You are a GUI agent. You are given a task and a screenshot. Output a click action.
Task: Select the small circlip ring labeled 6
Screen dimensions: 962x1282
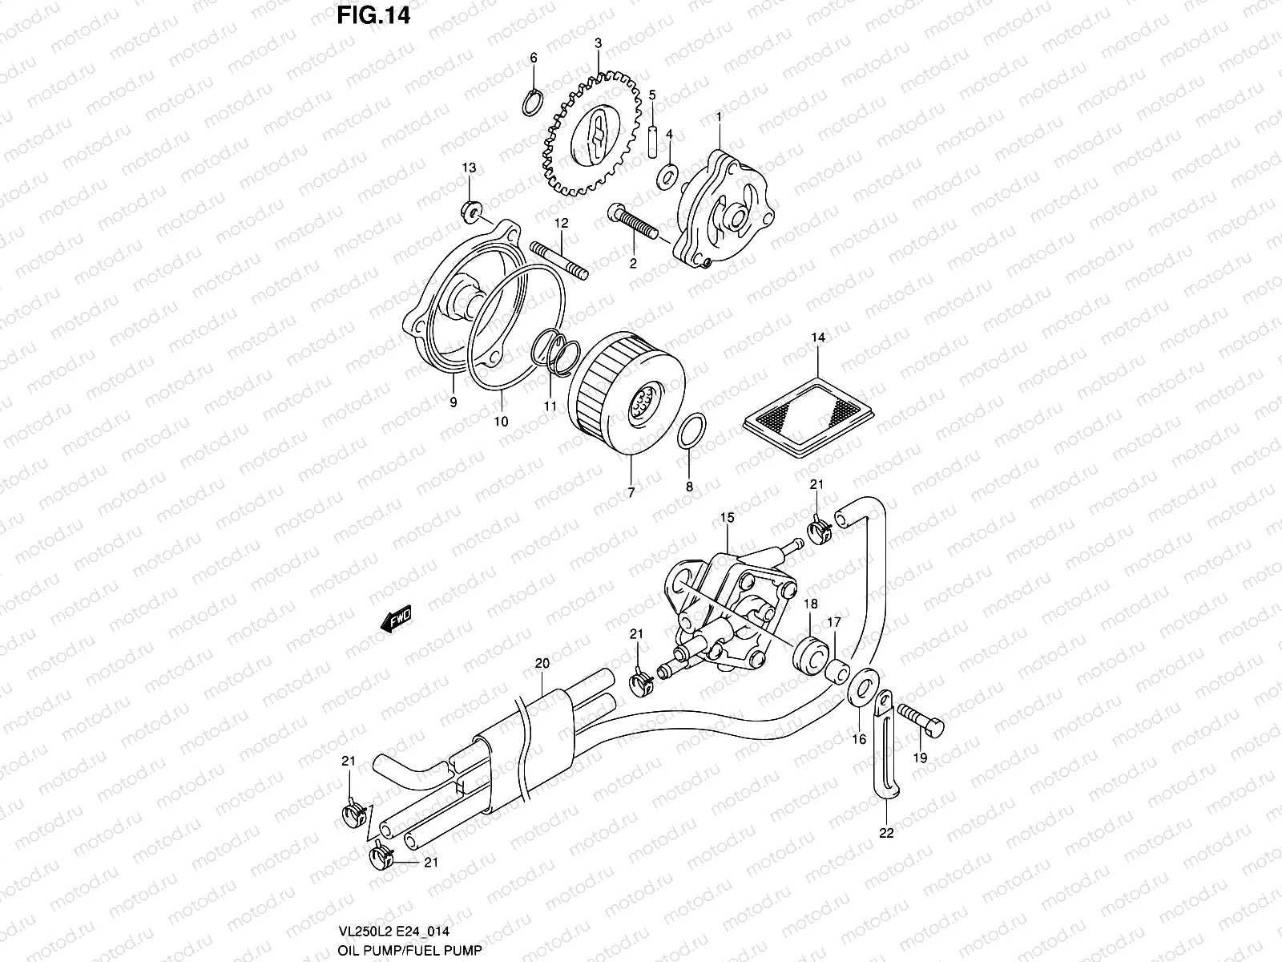pyautogui.click(x=532, y=103)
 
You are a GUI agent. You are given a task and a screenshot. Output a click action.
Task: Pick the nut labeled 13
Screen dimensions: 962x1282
pyautogui.click(x=472, y=212)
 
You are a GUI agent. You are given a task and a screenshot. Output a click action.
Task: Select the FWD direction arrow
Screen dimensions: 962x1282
pyautogui.click(x=397, y=620)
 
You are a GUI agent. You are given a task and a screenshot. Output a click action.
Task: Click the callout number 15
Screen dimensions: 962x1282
pyautogui.click(x=726, y=519)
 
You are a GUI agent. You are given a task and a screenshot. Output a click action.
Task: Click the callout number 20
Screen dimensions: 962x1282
pyautogui.click(x=542, y=664)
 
